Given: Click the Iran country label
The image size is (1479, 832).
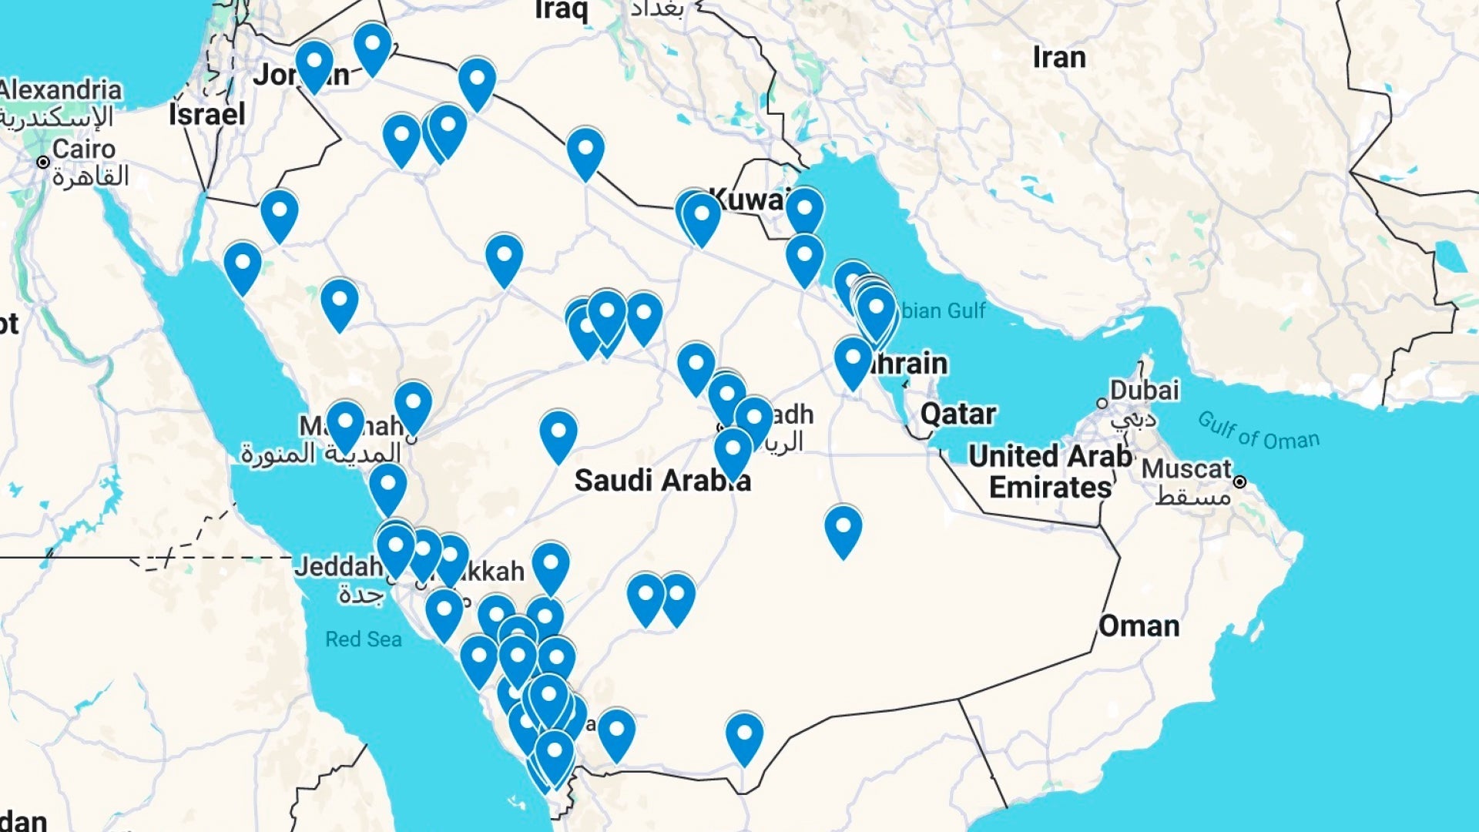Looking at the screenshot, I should coord(1058,58).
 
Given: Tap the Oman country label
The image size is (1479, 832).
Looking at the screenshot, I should coord(1139,626).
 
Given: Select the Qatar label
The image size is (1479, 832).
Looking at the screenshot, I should coord(958,414).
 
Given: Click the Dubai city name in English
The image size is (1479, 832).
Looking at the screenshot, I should coord(1144,390).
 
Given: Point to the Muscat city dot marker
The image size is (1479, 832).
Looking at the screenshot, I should coord(1239,482).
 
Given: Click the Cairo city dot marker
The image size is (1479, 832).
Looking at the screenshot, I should coord(44,163).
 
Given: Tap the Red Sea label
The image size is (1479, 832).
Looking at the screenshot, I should coord(363,639).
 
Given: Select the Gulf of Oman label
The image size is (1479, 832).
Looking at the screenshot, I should coord(1258,431).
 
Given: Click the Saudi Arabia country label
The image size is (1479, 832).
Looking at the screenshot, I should coord(661,481).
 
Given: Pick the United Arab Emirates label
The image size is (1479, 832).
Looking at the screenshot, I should coord(1050,471).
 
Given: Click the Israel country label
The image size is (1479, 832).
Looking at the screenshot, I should coord(206,115).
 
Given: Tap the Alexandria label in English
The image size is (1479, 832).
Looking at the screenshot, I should coord(61,89).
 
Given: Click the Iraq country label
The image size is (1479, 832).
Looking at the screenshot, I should coord(562,10).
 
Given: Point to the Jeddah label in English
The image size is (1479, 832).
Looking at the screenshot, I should coord(338,567).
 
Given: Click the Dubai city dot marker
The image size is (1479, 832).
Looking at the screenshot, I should coord(1102,404).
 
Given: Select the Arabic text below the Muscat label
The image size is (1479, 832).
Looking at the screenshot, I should coord(1192,497).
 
